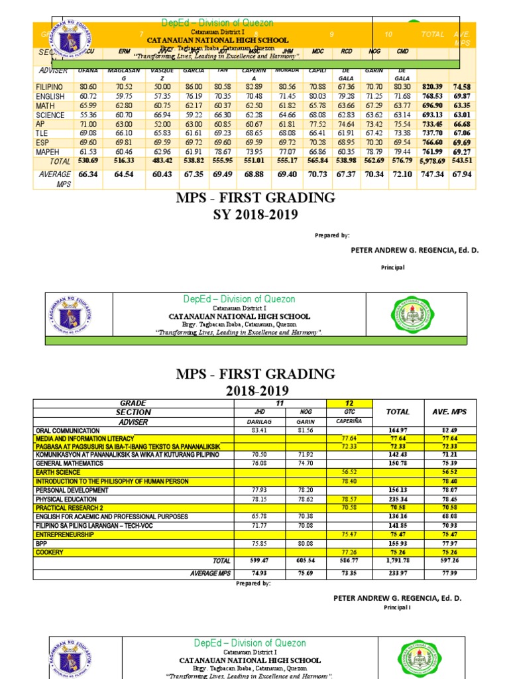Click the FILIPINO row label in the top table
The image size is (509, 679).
pyautogui.click(x=50, y=87)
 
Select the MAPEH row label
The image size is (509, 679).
pyautogui.click(x=49, y=152)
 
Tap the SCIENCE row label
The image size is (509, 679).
pyautogui.click(x=50, y=115)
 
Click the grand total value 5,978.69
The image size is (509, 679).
pyautogui.click(x=431, y=161)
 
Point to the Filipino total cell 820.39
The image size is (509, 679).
pyautogui.click(x=431, y=87)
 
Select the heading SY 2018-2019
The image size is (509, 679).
pyautogui.click(x=255, y=215)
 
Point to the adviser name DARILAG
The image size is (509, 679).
pyautogui.click(x=246, y=420)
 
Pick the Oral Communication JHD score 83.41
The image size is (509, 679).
pyautogui.click(x=246, y=430)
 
